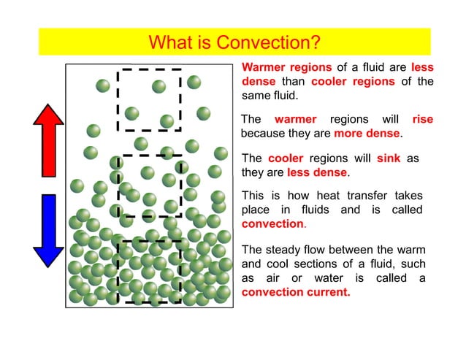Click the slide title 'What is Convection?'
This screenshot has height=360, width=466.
click(x=234, y=42)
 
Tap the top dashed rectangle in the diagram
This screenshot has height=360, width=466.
click(x=149, y=100)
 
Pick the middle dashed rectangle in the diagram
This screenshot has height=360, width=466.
click(x=150, y=185)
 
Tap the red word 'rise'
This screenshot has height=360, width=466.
click(x=422, y=119)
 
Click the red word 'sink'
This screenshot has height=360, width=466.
click(x=389, y=158)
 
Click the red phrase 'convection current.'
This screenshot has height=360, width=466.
click(x=296, y=292)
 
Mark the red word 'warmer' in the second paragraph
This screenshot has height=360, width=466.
click(x=295, y=119)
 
